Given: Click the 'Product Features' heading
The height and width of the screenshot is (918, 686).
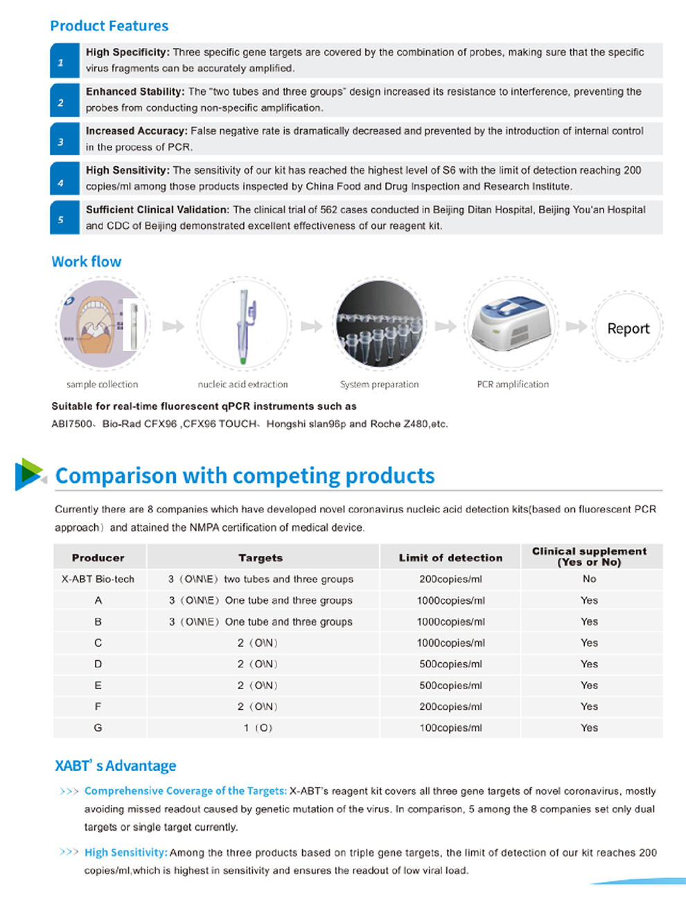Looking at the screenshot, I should coord(109,26).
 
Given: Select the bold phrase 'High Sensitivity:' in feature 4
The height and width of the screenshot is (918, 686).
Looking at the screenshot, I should coord(127,171).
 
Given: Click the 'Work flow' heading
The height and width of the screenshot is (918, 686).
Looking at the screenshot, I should coord(87,262).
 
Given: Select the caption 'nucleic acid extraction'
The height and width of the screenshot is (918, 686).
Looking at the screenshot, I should coord(243,384).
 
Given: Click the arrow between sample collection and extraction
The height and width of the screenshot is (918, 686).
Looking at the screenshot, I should coord(173,326).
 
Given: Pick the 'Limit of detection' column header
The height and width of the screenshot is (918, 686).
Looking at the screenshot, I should coord(450,557).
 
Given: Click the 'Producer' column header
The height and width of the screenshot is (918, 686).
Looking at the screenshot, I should coord(98,557).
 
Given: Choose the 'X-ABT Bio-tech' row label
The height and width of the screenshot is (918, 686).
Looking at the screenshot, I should coord(98,579).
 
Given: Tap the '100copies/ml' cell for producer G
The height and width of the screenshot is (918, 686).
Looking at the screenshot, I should coord(450,728).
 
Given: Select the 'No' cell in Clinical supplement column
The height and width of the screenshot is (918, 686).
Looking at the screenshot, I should coord(589,579).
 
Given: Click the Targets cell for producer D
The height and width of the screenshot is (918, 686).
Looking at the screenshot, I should coord(257,664).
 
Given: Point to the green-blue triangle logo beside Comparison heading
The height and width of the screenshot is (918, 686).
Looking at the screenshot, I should coord(28,474).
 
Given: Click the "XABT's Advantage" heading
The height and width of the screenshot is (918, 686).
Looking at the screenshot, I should coord(116,766).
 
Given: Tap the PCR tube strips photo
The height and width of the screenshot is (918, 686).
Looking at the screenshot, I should coord(379,324).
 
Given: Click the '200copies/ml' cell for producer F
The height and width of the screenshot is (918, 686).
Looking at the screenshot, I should coord(450,707).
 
